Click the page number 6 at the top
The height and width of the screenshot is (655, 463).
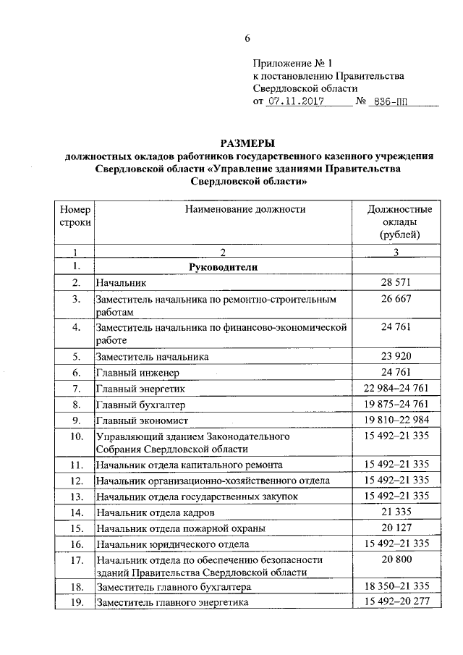tap(247, 38)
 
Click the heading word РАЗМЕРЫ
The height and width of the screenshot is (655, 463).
tap(249, 143)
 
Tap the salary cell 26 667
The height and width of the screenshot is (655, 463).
tap(395, 298)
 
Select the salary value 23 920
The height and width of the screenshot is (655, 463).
tap(395, 356)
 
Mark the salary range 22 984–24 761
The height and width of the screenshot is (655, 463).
tap(395, 389)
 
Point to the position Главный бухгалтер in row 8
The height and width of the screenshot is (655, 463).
tap(141, 405)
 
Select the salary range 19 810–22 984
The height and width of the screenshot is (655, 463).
tap(395, 421)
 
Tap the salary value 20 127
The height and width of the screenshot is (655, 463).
tap(395, 528)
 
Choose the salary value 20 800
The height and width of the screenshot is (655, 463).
tap(395, 559)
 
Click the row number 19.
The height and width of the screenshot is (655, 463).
tap(75, 602)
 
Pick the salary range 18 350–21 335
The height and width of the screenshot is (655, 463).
tap(395, 586)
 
